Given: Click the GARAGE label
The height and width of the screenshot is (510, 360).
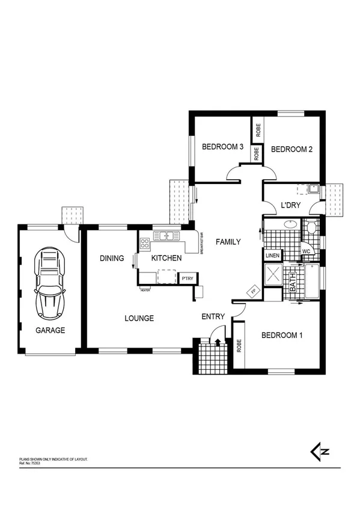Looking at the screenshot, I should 50,330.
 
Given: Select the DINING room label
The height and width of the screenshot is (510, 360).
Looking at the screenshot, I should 112,259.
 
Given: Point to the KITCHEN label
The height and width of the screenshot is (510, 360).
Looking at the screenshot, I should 166,259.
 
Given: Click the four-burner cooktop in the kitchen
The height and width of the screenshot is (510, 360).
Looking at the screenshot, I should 145,244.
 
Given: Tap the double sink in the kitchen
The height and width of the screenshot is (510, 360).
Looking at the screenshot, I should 163,236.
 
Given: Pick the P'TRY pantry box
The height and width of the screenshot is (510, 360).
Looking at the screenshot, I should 186,279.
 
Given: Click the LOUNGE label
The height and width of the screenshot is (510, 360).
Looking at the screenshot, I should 139,318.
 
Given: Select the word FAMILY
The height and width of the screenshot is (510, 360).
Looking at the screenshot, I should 228,242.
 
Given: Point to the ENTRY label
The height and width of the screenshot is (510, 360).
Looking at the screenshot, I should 213,317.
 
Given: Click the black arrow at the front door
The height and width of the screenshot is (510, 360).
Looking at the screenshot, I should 218,342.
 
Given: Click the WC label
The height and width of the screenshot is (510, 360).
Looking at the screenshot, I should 305,251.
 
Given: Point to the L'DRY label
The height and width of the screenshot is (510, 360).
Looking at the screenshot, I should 290,206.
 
